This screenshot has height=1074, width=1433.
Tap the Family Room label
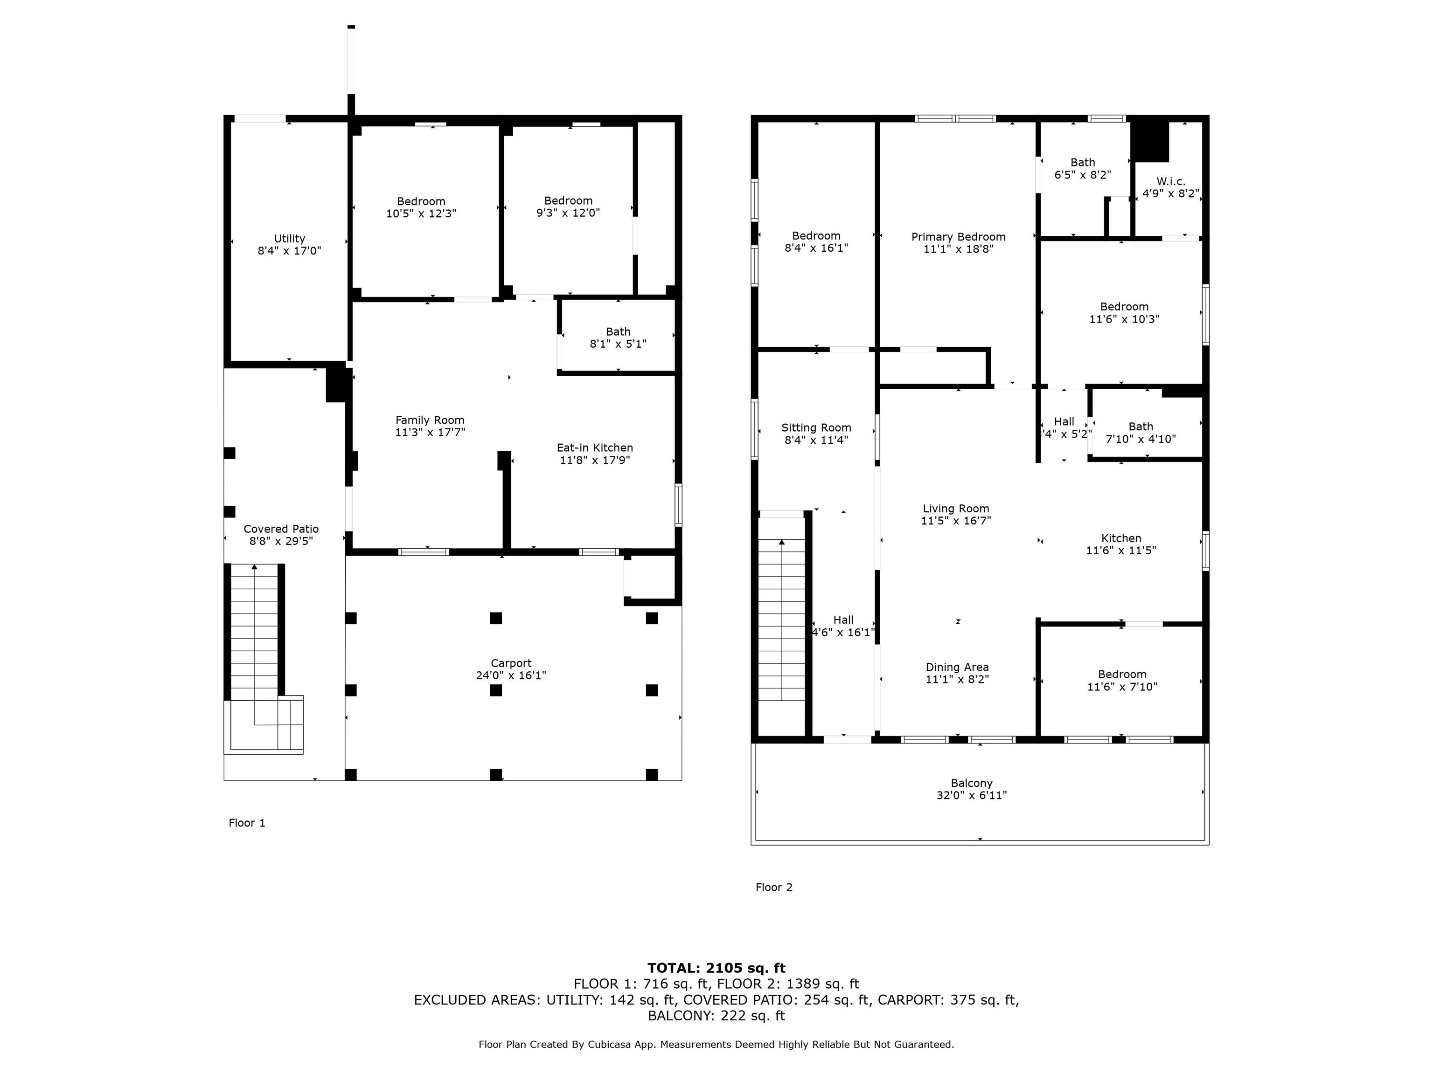[x=430, y=420]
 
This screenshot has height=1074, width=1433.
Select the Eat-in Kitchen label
[x=595, y=447]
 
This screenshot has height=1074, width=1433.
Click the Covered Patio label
[x=281, y=529]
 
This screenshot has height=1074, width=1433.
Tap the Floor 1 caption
[x=247, y=823]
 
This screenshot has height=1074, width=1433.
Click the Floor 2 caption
[x=774, y=888]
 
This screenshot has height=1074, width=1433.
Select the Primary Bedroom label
[x=958, y=237]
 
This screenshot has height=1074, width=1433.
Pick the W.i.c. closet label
[x=1171, y=182]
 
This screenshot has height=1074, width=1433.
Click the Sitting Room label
[x=816, y=428]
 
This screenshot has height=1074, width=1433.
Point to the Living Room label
[x=956, y=509]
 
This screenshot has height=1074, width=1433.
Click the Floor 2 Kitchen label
[x=1121, y=538]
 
